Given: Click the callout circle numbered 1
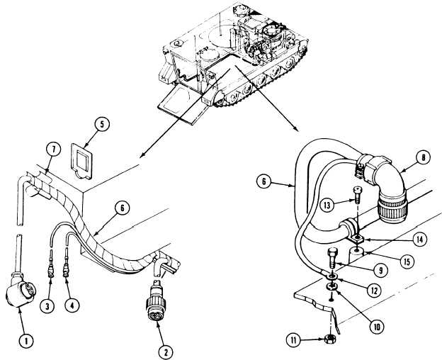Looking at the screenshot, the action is click(26, 341).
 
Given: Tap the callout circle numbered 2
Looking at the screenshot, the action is click(166, 352).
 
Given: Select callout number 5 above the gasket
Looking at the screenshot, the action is click(102, 124).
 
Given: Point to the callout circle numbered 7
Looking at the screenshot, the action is click(54, 150).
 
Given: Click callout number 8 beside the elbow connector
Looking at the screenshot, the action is click(423, 158).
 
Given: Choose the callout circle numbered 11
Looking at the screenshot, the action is click(294, 340).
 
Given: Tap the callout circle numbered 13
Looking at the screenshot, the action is click(327, 205).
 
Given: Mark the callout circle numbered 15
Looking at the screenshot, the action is click(407, 262).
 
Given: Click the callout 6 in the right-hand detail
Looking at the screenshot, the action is click(263, 181).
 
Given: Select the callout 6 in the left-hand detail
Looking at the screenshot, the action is click(122, 208).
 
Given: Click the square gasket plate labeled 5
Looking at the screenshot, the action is click(81, 162).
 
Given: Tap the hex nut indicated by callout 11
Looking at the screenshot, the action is click(329, 339).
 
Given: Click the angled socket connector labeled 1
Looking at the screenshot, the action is click(21, 291).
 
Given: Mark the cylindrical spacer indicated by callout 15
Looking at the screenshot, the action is click(357, 255).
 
